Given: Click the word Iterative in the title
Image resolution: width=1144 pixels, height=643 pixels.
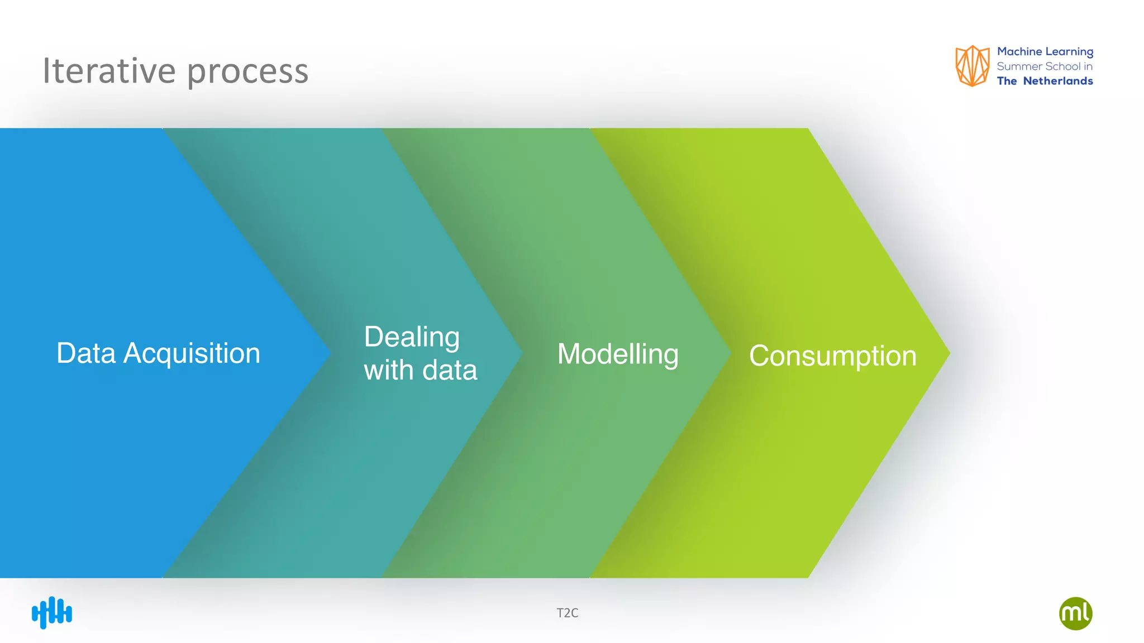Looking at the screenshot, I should (109, 71).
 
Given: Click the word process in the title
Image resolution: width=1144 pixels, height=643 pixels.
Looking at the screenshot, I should (247, 73).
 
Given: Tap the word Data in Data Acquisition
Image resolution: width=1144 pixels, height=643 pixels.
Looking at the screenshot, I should (86, 353).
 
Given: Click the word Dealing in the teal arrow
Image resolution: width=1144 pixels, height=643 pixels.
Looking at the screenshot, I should (412, 337).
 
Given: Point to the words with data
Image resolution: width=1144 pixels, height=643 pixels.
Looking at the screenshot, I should (421, 370).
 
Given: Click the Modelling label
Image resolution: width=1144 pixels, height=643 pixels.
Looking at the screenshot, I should (618, 354).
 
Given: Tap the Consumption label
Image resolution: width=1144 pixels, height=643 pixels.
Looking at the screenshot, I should (832, 356).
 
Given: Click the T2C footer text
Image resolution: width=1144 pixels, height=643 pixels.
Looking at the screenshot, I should (568, 613).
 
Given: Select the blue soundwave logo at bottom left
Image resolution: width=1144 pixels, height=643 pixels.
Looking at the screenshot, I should (52, 613).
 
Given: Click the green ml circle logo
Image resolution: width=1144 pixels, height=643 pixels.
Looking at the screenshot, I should (1075, 613).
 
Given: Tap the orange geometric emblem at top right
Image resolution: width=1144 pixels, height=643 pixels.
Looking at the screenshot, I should (972, 66).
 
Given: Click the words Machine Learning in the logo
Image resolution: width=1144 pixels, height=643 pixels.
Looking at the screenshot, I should (1045, 52).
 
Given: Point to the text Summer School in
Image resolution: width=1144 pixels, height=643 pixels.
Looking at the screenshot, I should (1045, 66).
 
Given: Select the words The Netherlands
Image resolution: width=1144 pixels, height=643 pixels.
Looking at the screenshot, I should (1045, 81).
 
